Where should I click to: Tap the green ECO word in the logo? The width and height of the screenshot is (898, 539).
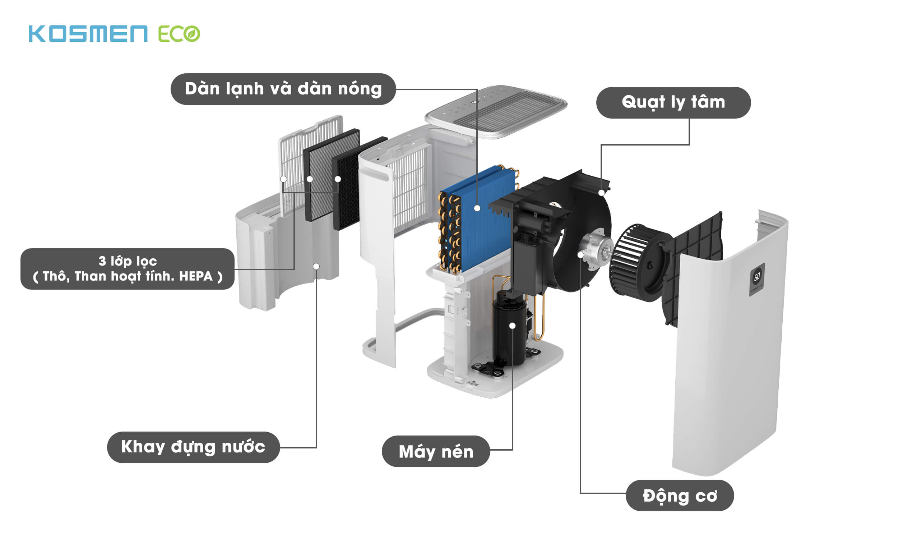point(179,34)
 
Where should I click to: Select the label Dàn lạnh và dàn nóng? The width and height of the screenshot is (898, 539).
point(283,89)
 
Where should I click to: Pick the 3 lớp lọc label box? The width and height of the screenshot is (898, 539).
point(127,269)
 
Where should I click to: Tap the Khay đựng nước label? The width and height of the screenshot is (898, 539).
point(193,447)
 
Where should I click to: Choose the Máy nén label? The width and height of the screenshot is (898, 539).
point(436,451)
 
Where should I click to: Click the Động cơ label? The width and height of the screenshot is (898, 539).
point(680,496)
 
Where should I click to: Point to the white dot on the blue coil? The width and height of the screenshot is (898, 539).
point(477,208)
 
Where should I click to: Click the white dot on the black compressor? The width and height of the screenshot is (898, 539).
point(512,326)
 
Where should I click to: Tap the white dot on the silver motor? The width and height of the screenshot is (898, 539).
point(580,255)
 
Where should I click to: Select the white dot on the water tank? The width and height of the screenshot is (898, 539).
point(316,266)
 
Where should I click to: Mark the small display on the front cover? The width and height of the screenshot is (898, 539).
point(757,278)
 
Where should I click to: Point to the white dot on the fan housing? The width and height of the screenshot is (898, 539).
point(601,193)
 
